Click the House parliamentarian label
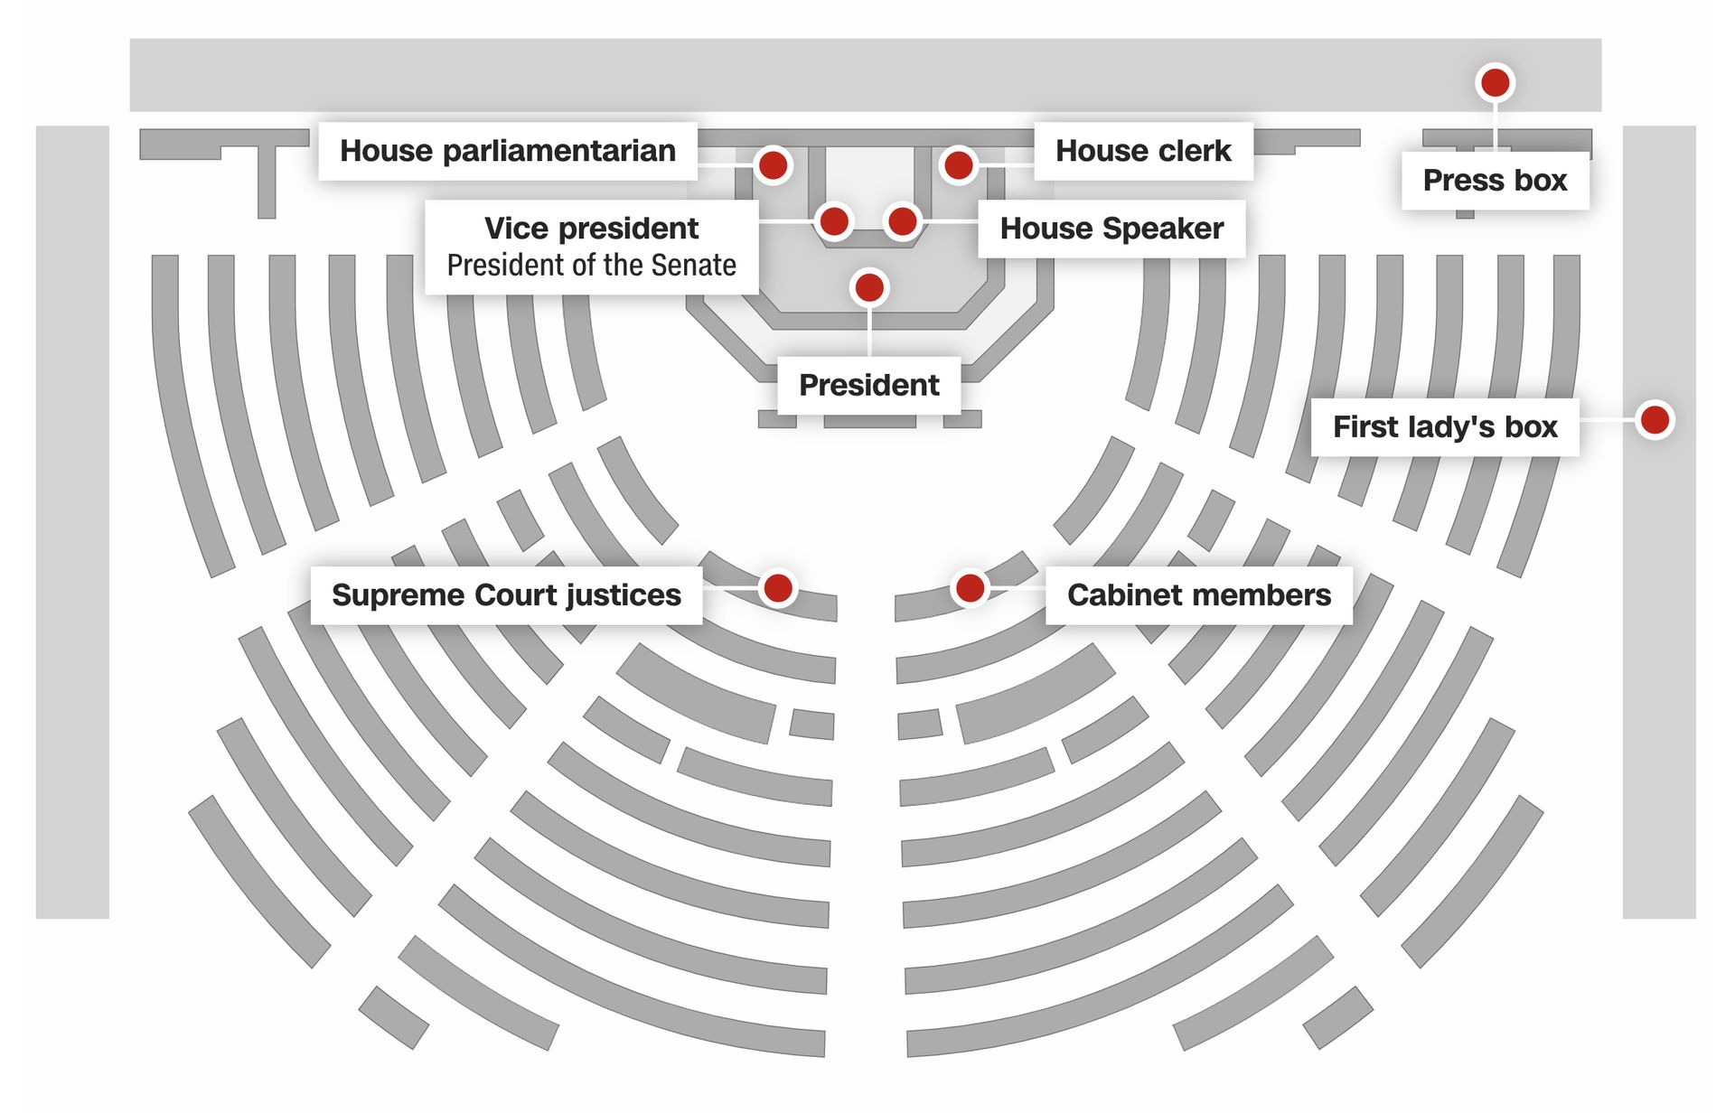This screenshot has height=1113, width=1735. click(507, 151)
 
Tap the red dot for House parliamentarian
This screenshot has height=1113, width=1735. click(773, 165)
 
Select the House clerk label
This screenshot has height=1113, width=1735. click(1143, 151)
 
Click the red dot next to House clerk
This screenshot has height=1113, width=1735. click(958, 165)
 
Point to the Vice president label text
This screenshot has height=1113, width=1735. click(591, 229)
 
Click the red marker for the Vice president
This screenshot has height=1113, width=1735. click(834, 221)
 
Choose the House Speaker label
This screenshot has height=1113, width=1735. click(1111, 229)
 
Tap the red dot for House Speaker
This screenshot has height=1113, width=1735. click(903, 221)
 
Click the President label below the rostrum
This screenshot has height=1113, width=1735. click(868, 386)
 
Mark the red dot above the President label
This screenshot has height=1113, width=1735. click(869, 288)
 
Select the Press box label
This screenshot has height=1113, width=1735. click(1495, 181)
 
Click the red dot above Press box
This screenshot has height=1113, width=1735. click(1496, 83)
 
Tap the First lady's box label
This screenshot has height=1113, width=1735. click(1445, 426)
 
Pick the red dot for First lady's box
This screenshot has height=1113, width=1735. click(1655, 420)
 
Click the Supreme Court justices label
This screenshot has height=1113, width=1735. click(506, 595)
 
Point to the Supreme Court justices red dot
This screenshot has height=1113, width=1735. click(778, 588)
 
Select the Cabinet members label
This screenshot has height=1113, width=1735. click(1199, 595)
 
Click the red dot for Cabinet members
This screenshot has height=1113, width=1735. click(970, 588)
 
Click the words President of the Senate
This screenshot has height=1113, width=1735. click(591, 266)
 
